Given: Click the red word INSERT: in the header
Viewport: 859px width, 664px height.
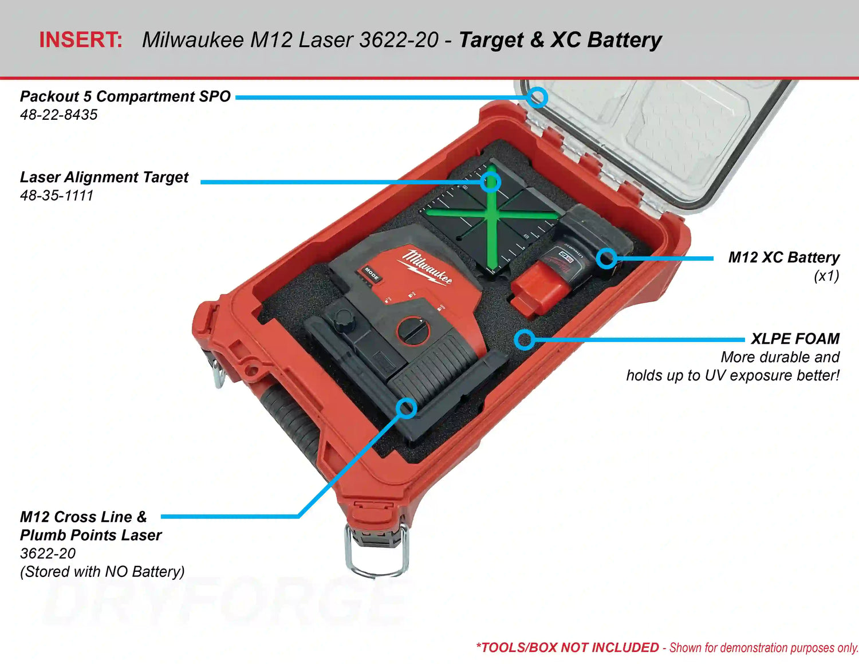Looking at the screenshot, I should pos(81,40).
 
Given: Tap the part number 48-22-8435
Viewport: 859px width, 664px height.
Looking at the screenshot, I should pos(58,115).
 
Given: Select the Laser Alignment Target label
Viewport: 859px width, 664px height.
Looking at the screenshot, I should pos(104,177).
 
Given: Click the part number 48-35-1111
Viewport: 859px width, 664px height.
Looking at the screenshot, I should pos(57,195).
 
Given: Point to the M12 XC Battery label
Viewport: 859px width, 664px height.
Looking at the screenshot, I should pos(783,257).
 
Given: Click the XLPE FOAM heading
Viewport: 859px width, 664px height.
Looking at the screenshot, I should pos(795,339).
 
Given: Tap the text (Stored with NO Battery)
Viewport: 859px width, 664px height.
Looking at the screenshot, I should pos(103,571).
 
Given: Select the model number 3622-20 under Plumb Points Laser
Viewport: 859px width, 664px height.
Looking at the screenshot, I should pos(48,553).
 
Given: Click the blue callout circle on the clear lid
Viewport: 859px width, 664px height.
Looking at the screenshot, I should pos(537,97).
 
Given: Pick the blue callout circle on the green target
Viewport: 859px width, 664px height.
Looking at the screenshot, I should pos(490,182).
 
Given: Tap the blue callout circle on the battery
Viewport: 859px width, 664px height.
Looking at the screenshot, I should pos(606,258).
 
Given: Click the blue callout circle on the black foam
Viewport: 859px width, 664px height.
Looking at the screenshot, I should pos(524,340).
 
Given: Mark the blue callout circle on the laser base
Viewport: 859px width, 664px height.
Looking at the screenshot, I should pos(407,408).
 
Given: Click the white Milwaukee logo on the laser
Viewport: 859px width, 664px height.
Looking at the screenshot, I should pos(427,266).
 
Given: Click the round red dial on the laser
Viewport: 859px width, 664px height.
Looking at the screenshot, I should pos(413,331).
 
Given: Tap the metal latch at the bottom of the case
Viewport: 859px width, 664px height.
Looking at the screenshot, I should pos(376,549).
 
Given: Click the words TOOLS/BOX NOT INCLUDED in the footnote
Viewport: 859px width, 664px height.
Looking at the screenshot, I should pos(570,647).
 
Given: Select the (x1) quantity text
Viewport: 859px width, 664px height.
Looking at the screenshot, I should pos(826,276).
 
